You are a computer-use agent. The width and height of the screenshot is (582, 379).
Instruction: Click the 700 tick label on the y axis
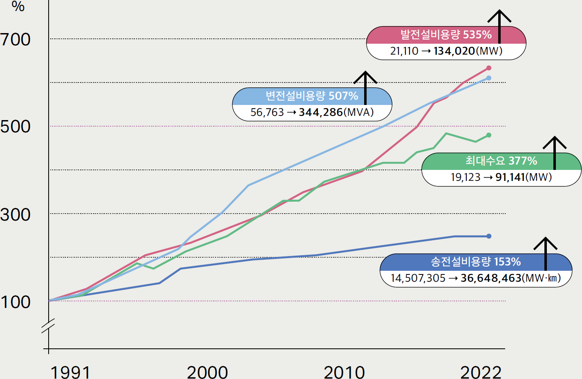(16, 40)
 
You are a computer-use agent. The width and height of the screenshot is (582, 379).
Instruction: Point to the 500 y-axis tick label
(16, 127)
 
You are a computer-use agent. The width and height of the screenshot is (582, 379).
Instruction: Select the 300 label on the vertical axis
(16, 214)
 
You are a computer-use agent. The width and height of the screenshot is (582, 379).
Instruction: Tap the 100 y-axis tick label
(16, 302)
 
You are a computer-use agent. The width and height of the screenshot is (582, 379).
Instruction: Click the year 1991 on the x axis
(70, 372)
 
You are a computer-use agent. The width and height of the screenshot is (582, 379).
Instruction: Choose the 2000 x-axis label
(207, 372)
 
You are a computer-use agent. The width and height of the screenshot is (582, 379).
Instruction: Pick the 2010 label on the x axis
(344, 372)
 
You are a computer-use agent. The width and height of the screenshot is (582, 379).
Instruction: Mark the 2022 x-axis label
(481, 372)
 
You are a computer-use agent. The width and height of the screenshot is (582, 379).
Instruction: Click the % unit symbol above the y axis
(18, 6)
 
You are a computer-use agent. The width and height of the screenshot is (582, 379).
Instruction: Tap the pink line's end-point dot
(489, 68)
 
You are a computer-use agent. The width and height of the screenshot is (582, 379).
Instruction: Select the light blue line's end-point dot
(489, 78)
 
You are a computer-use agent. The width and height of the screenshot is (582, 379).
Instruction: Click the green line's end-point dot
(489, 135)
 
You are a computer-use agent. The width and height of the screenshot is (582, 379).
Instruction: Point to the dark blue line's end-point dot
(489, 236)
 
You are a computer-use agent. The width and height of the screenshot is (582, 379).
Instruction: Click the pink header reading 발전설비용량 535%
(445, 35)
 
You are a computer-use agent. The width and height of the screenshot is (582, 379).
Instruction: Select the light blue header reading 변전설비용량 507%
(311, 96)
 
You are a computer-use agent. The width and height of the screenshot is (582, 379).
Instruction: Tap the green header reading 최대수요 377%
(501, 161)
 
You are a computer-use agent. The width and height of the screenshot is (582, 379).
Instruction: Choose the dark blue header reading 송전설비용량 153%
(475, 262)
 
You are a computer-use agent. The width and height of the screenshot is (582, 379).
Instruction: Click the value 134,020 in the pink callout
(454, 51)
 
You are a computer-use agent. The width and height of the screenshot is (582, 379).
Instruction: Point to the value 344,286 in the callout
(320, 112)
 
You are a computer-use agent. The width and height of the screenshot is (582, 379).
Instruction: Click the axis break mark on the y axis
(48, 325)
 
